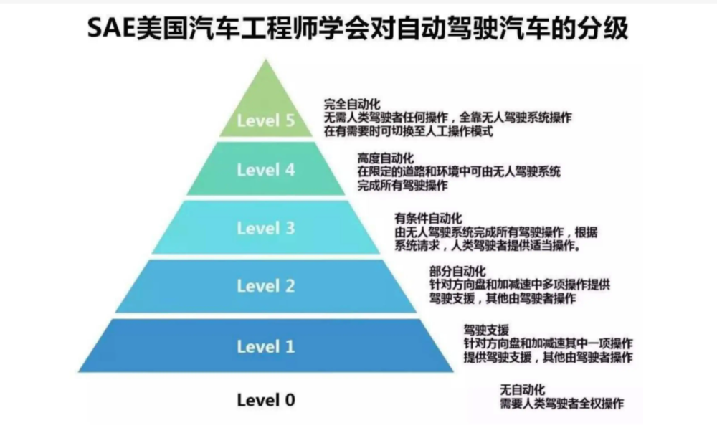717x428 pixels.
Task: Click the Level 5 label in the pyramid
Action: (x=266, y=120)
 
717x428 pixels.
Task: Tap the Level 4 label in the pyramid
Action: (x=266, y=170)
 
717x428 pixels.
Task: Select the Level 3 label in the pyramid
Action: (x=266, y=228)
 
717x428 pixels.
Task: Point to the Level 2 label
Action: (x=266, y=286)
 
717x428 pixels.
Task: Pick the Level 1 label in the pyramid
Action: (x=266, y=346)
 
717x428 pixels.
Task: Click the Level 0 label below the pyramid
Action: (x=266, y=400)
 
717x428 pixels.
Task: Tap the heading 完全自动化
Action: (x=352, y=104)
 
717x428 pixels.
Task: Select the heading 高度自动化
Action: (x=386, y=158)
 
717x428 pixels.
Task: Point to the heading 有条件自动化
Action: (x=429, y=219)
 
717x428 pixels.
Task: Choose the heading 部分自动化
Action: (x=457, y=272)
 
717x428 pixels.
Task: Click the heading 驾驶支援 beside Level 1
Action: (x=487, y=330)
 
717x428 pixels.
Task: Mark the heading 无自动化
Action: (x=522, y=390)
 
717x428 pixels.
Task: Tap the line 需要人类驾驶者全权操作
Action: (x=561, y=404)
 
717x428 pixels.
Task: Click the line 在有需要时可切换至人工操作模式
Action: (x=409, y=132)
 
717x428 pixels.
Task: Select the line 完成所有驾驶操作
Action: (x=402, y=186)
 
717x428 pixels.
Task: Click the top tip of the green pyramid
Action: (x=266, y=60)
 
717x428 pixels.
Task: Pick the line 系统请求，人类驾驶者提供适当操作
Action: (x=488, y=246)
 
